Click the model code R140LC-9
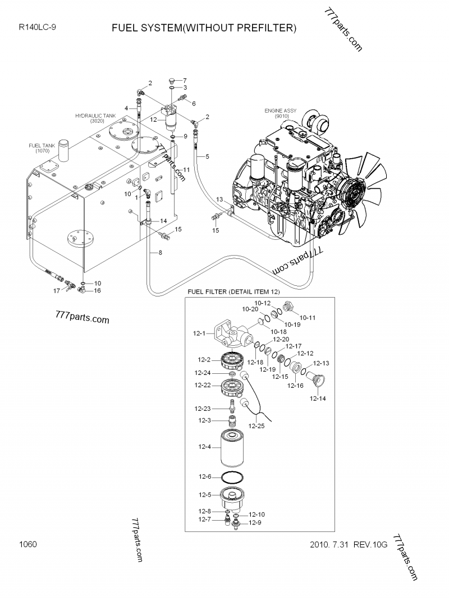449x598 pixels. [38, 27]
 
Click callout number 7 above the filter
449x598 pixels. [185, 81]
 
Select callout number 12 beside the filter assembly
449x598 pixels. [153, 119]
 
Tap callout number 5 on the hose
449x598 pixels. [207, 156]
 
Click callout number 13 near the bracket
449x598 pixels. [219, 200]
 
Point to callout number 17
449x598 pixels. [57, 291]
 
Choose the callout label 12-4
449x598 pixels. [205, 447]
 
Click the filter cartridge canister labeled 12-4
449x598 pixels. [232, 448]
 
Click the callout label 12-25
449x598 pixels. [256, 425]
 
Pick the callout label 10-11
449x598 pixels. [308, 317]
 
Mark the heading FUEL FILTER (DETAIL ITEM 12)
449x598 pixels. [233, 292]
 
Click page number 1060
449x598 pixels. [28, 544]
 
